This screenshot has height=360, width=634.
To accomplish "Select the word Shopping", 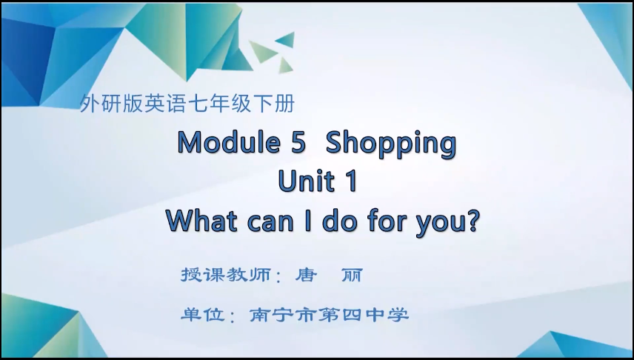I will tap(390, 144).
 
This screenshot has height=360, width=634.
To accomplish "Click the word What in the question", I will tap(199, 220).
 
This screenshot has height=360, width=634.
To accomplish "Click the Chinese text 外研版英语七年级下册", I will tap(187, 104).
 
